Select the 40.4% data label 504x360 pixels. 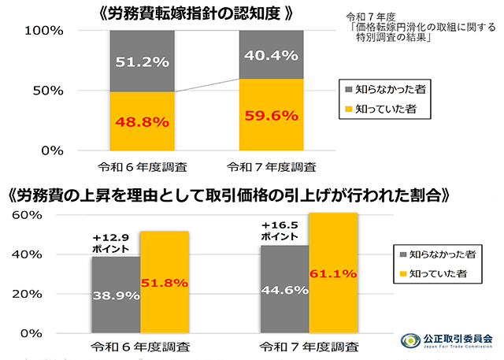point(271,55)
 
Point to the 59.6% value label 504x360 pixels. point(271,116)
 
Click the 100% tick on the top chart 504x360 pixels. point(50,32)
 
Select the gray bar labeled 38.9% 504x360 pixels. point(115,295)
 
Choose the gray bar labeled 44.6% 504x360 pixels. point(285,289)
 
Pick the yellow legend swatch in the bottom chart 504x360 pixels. point(404,275)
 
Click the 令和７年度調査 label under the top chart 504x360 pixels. point(271,167)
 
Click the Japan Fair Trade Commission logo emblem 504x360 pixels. point(411,340)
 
